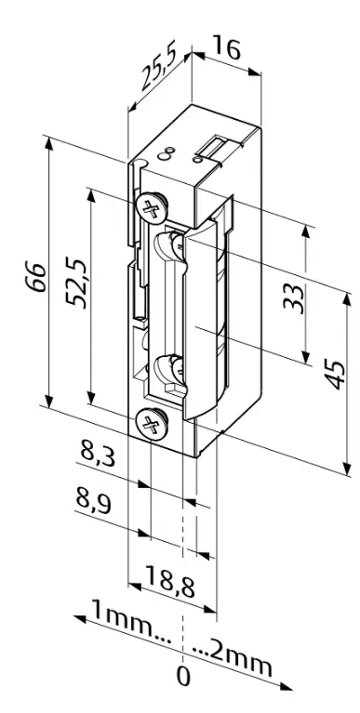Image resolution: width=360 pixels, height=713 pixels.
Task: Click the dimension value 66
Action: (x=35, y=277)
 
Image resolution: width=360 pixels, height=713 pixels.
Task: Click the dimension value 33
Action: (x=293, y=298)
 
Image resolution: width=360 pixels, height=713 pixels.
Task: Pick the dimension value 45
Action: (x=337, y=375)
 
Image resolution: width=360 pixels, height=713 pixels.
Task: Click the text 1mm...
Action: (x=121, y=619)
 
